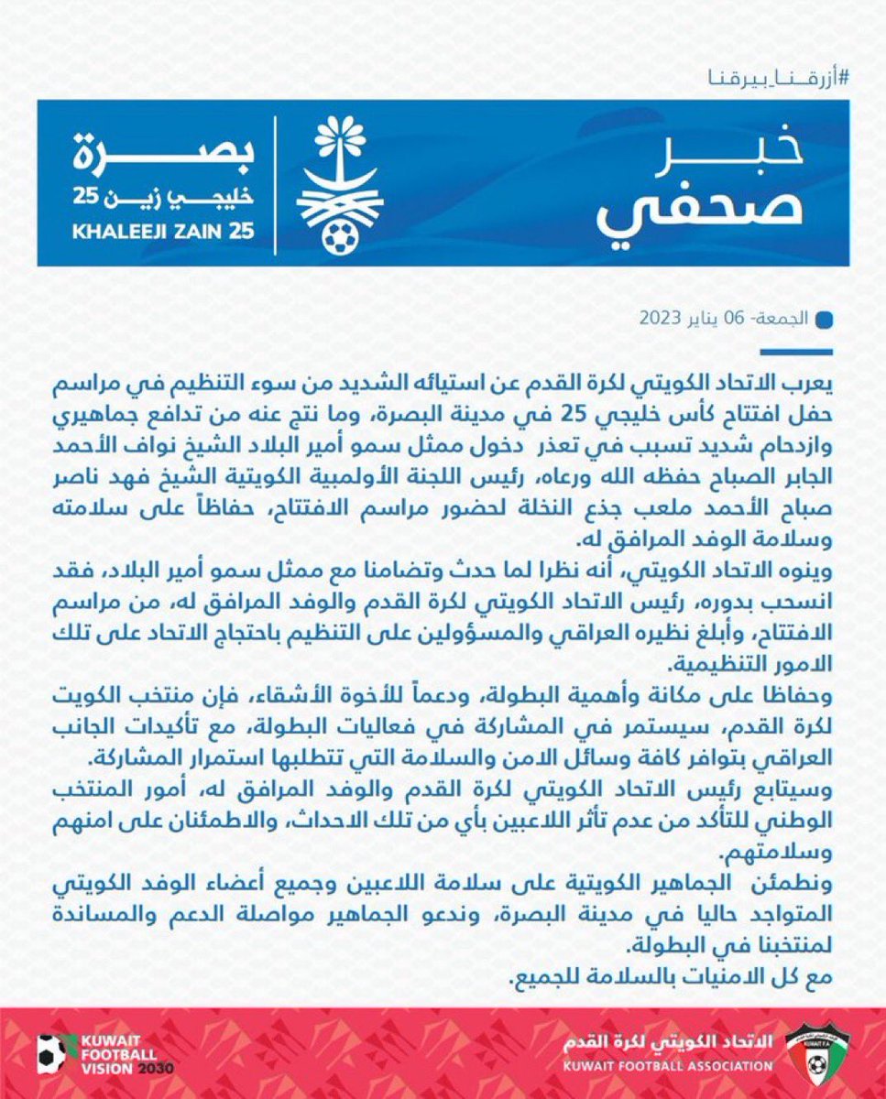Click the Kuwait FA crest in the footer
(818, 1052)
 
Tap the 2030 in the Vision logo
(154, 1069)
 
